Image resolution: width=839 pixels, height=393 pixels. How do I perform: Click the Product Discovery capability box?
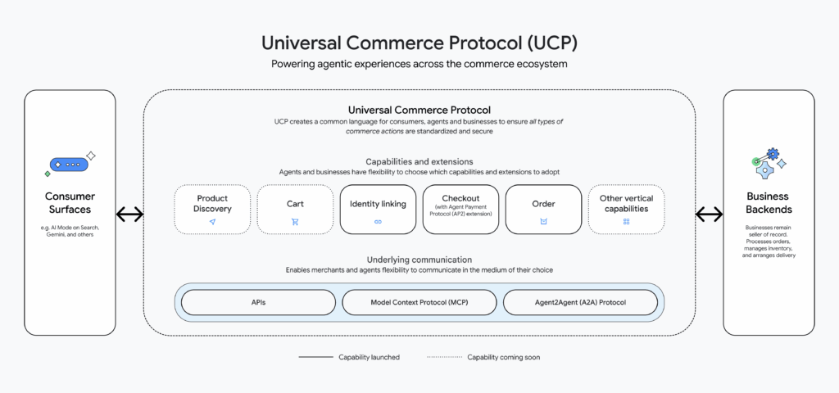point(212,209)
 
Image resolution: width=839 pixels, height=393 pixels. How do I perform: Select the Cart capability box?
point(295,209)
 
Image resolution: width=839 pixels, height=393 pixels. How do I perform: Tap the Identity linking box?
point(378,209)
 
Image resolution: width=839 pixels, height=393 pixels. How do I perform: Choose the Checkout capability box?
point(460,209)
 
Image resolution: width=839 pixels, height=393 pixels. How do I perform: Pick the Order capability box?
point(543,209)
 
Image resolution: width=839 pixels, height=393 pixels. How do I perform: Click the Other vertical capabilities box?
point(626,209)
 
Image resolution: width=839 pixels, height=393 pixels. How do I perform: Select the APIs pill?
point(258,302)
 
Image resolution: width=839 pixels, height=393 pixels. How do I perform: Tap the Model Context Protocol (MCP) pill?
point(419,302)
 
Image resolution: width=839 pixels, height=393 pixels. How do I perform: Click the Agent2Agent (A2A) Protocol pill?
point(580,302)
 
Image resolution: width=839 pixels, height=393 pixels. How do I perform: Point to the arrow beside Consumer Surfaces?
point(129,215)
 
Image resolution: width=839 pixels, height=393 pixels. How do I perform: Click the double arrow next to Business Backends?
point(709,215)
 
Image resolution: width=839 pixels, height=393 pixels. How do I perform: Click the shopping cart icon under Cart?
point(295,222)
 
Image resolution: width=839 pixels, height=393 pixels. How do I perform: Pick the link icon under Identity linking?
point(378,222)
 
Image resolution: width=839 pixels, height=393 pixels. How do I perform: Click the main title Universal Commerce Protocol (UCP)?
point(419,42)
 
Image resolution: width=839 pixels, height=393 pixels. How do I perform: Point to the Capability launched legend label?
point(369,357)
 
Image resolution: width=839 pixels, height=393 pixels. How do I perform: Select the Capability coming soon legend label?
point(503,357)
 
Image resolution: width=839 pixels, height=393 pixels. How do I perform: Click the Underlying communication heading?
point(419,259)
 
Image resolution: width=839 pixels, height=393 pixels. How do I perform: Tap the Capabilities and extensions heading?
point(419,161)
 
